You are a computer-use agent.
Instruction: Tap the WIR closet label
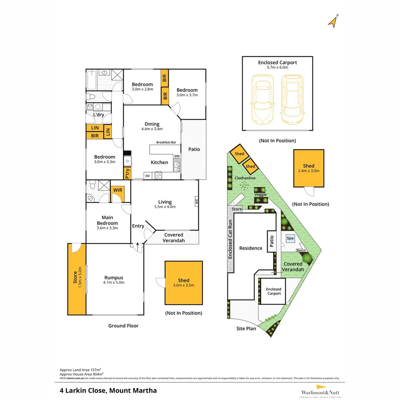click(118, 190)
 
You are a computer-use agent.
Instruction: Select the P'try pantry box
click(127, 173)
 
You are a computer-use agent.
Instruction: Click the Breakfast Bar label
click(166, 142)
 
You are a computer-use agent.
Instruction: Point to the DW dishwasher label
click(177, 156)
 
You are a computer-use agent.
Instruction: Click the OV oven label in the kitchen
click(147, 176)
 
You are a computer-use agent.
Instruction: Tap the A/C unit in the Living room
click(196, 202)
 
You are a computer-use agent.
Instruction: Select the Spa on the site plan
click(290, 238)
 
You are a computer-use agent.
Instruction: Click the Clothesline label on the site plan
click(245, 178)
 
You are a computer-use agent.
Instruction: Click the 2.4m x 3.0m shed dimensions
click(309, 171)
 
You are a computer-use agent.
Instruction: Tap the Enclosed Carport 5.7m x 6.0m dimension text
click(277, 68)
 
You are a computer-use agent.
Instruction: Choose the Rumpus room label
click(114, 278)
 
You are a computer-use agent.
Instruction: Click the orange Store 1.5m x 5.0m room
click(77, 279)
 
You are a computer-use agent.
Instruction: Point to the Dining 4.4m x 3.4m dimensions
click(152, 129)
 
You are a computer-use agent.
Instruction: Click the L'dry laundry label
click(99, 115)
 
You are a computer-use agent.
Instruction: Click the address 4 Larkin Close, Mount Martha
click(108, 390)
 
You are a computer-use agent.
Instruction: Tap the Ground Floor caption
click(123, 326)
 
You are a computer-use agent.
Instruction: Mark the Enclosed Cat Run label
click(230, 239)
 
